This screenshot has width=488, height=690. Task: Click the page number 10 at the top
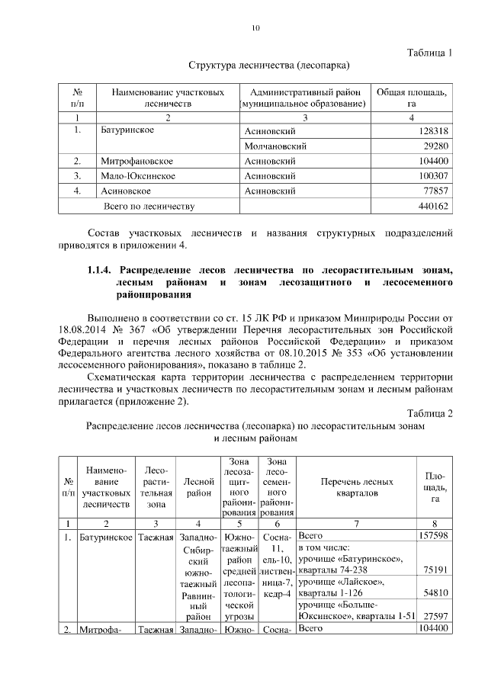tap(255, 29)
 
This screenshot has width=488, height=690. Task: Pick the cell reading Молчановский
tap(274, 146)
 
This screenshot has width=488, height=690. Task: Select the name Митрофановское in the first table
tap(136, 162)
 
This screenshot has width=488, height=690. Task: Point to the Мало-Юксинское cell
tap(137, 176)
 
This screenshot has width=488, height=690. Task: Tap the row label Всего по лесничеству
tap(149, 206)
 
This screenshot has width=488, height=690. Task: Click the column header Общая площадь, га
tap(411, 98)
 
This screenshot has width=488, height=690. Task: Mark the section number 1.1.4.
tap(100, 270)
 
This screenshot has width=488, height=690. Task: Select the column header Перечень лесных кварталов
tap(356, 488)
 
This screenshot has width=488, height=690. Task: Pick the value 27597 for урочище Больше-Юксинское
tap(435, 615)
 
